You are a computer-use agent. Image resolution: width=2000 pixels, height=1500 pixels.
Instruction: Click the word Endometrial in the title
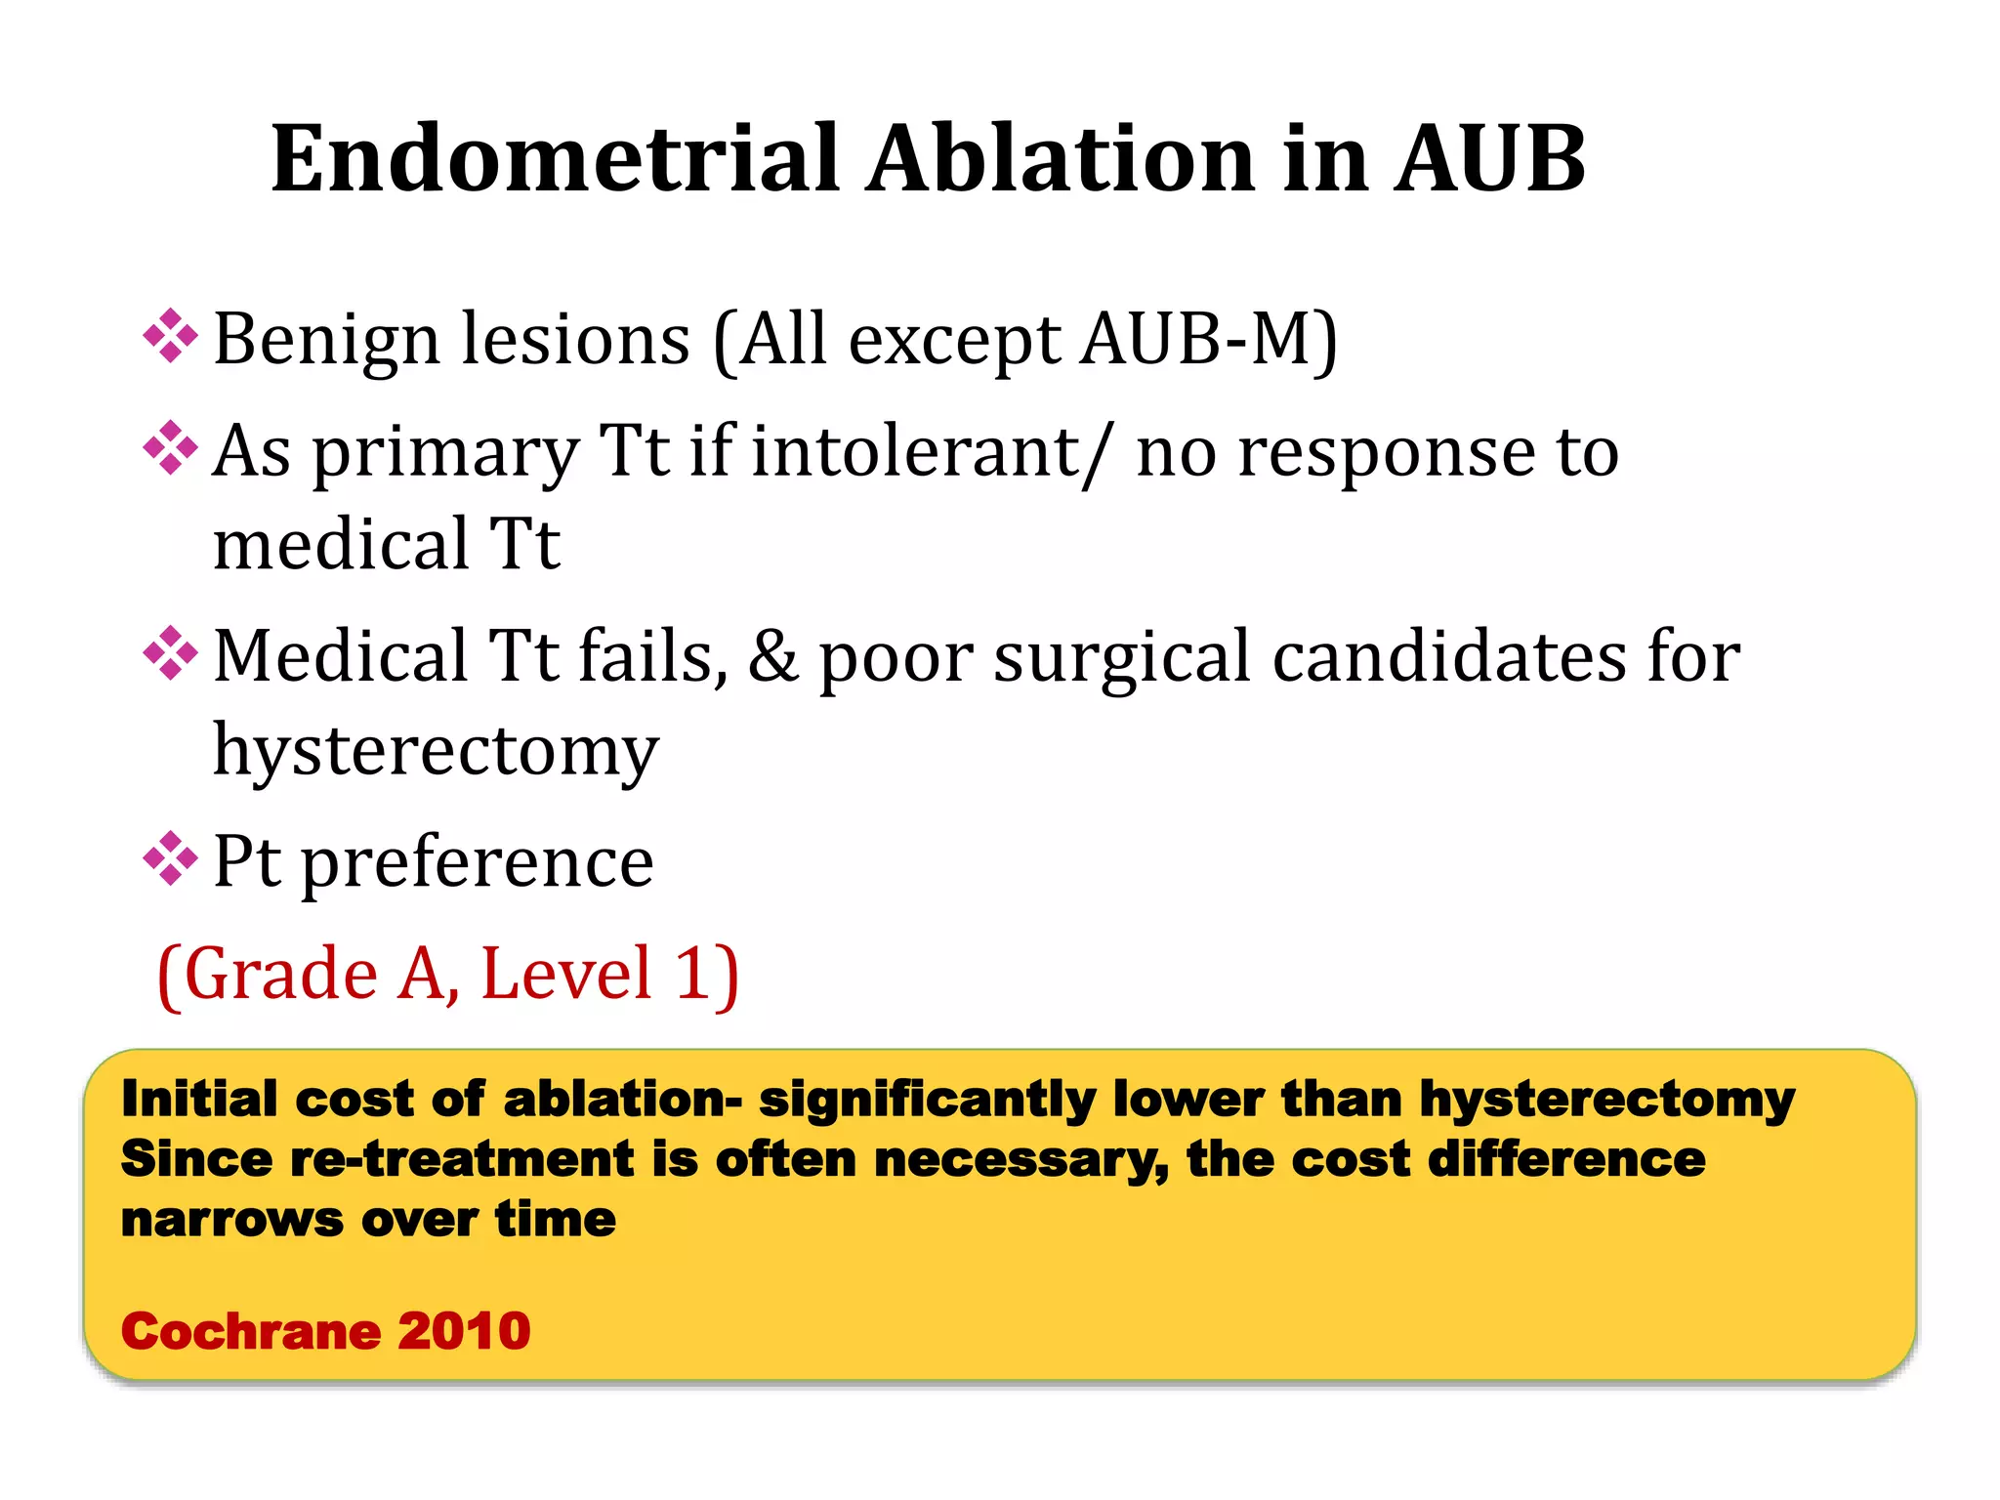pos(555,158)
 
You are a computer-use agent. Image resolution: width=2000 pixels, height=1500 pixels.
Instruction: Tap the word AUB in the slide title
pos(1488,158)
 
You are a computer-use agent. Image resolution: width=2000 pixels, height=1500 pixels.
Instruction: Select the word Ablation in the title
pos(1061,158)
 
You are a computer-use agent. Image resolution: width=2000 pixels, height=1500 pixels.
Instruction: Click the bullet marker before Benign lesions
pos(171,336)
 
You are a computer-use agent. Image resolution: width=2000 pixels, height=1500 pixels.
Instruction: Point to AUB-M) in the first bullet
pos(1209,340)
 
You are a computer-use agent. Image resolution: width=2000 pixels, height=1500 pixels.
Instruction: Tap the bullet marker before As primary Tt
pos(171,448)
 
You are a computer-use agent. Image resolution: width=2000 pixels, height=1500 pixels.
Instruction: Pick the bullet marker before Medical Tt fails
pos(171,653)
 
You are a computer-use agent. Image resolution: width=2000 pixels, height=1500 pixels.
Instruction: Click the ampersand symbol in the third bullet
pos(772,656)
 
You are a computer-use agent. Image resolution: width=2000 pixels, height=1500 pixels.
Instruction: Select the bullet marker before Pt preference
pos(171,858)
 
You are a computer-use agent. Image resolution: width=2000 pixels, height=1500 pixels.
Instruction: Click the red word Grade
pos(280,975)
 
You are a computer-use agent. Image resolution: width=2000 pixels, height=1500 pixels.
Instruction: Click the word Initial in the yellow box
pos(199,1100)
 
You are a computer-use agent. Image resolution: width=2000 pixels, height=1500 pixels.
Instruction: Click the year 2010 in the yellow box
pos(464,1331)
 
